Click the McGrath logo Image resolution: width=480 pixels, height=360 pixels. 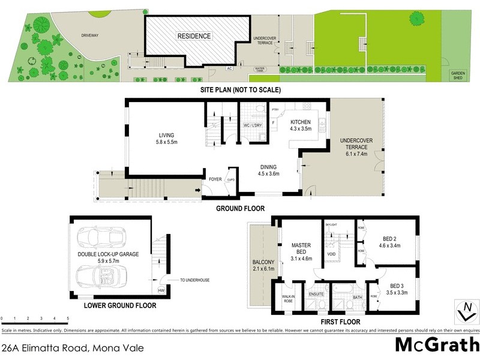pyautogui.click(x=437, y=346)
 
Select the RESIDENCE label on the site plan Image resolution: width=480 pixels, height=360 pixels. pyautogui.click(x=194, y=36)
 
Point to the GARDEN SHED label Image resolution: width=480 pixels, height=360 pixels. pyautogui.click(x=458, y=74)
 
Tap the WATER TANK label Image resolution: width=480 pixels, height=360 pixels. pyautogui.click(x=260, y=70)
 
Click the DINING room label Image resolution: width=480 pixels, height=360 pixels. pyautogui.click(x=269, y=167)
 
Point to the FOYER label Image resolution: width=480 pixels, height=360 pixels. pyautogui.click(x=215, y=179)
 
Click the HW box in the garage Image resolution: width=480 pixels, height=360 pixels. pyautogui.click(x=161, y=291)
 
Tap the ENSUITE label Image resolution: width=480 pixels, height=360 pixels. pyautogui.click(x=316, y=294)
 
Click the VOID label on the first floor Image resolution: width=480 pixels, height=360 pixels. pyautogui.click(x=331, y=254)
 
